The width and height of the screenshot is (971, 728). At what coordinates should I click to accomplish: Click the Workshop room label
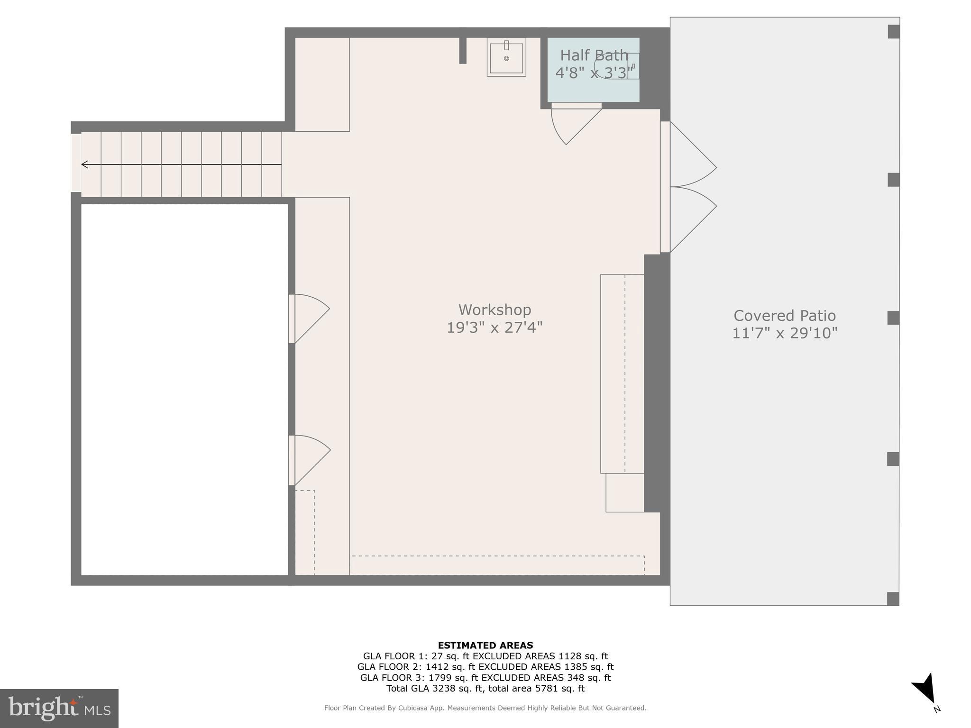pyautogui.click(x=495, y=310)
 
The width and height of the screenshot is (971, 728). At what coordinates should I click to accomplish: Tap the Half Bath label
pyautogui.click(x=594, y=55)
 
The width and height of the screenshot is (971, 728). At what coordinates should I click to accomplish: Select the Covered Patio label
pyautogui.click(x=784, y=316)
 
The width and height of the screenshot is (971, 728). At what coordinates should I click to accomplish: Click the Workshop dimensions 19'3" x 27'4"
pyautogui.click(x=495, y=328)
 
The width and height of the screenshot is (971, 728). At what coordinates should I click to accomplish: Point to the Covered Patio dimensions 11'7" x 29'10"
pyautogui.click(x=785, y=333)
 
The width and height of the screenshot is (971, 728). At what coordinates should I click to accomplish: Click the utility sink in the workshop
pyautogui.click(x=506, y=57)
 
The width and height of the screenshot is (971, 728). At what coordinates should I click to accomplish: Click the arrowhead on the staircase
pyautogui.click(x=85, y=164)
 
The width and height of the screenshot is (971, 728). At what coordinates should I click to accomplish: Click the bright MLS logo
pyautogui.click(x=59, y=708)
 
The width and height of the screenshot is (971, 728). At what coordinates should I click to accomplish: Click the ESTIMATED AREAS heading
pyautogui.click(x=485, y=645)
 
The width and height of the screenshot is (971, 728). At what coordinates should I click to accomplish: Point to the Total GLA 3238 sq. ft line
pyautogui.click(x=485, y=688)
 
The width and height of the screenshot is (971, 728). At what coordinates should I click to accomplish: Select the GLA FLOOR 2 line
pyautogui.click(x=485, y=667)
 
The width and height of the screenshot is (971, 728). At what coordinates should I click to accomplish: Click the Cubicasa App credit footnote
pyautogui.click(x=485, y=708)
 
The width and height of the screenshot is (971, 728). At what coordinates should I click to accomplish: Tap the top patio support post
pyautogui.click(x=893, y=32)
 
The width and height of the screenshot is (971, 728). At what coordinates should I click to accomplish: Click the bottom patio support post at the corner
pyautogui.click(x=893, y=599)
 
